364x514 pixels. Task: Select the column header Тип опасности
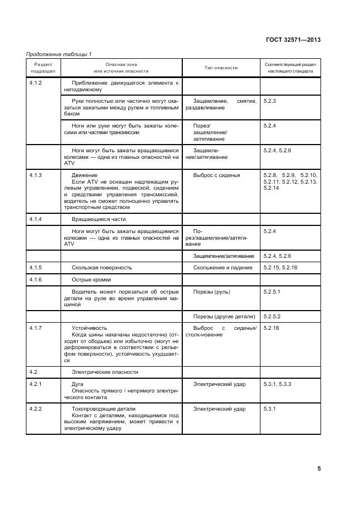point(221,68)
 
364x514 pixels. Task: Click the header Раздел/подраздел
point(43,68)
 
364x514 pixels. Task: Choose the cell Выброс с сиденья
point(216,175)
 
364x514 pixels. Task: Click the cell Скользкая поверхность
point(101,267)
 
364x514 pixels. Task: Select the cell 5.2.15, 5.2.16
point(281,267)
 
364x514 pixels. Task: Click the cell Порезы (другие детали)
point(224,316)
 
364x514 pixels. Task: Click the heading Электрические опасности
point(105,372)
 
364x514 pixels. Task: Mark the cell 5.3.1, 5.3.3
point(278,384)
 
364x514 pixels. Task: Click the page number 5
point(319,468)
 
